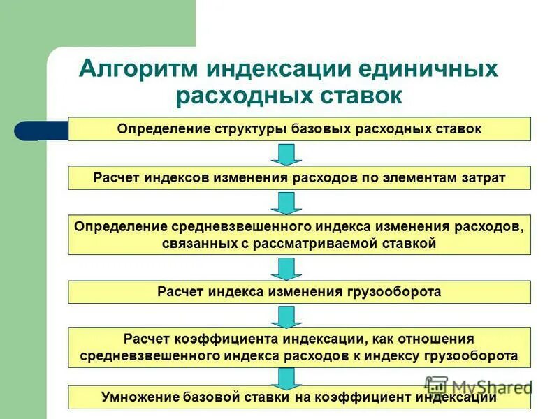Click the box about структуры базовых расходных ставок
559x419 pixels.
pos(299,129)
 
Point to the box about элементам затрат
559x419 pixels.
pos(299,178)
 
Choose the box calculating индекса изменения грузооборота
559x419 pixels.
pos(299,292)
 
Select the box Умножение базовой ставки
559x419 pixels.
pos(299,397)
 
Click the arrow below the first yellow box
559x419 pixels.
pos(286,154)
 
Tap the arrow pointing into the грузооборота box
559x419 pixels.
pos(286,268)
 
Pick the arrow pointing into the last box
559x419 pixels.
pos(286,377)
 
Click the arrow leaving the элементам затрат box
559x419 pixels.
pos(286,203)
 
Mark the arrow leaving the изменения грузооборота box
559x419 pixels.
pos(286,316)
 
